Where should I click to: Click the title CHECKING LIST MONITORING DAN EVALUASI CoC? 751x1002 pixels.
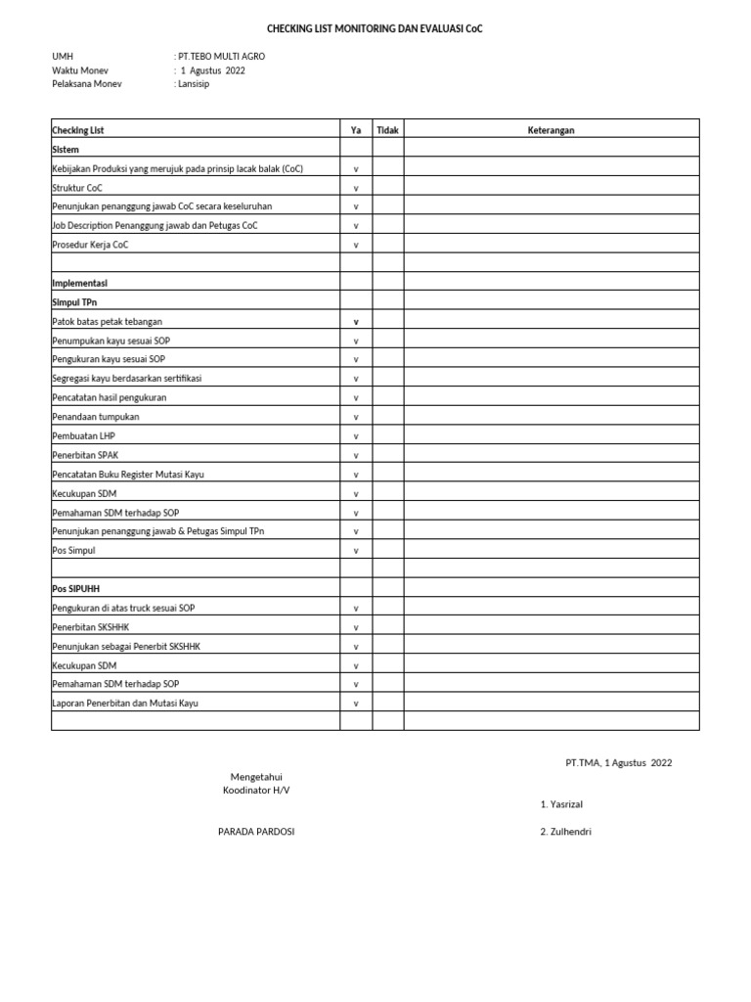(375, 29)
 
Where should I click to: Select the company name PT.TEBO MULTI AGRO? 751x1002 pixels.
(221, 57)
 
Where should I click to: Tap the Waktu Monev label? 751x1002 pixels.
(80, 70)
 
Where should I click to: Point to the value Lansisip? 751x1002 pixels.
(194, 84)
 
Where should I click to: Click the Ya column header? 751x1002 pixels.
(356, 130)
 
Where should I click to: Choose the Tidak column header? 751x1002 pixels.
(388, 130)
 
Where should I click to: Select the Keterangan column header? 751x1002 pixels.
(552, 130)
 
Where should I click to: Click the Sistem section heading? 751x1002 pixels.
(66, 150)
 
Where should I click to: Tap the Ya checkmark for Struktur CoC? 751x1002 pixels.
(356, 188)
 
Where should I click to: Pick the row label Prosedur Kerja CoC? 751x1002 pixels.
(90, 245)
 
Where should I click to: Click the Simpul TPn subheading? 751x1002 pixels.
(74, 302)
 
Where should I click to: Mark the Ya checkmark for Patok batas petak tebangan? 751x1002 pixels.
(356, 321)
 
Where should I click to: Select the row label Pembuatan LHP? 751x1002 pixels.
(83, 435)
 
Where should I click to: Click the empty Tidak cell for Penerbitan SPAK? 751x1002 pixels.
(388, 455)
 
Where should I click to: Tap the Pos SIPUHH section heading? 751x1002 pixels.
(75, 589)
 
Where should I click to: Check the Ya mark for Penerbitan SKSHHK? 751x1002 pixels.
(356, 627)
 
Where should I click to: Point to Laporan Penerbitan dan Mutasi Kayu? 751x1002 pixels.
(124, 703)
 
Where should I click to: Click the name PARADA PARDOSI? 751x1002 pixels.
(255, 832)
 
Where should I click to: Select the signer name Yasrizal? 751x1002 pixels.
(565, 804)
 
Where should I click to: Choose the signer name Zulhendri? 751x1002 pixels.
(569, 832)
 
